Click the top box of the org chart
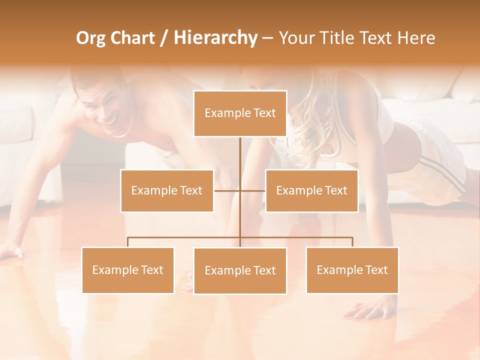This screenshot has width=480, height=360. [240, 113]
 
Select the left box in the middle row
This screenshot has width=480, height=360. [167, 190]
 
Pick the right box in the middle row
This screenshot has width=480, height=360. [311, 190]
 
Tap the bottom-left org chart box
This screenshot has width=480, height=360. [128, 270]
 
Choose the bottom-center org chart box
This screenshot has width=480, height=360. [240, 270]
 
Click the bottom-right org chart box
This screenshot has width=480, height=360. [352, 270]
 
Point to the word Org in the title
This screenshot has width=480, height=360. [91, 38]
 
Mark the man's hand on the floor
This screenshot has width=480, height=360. [11, 250]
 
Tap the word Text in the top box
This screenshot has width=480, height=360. [264, 113]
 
